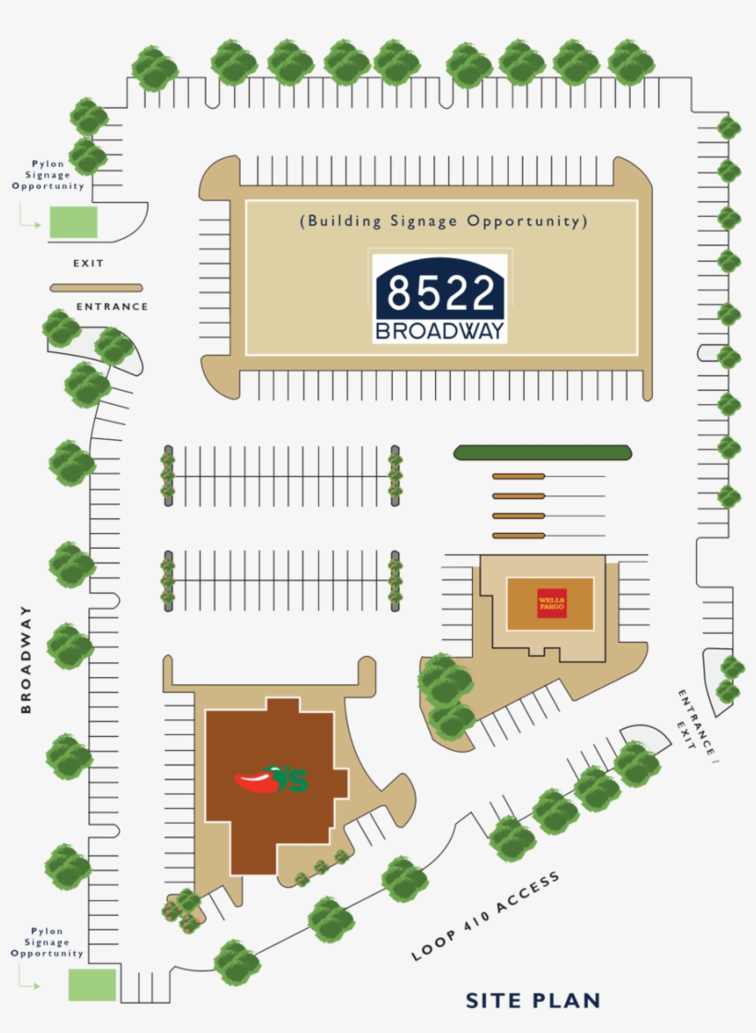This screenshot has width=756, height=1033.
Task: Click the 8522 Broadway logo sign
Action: (440, 298)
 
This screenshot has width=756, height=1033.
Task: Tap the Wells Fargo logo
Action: (550, 604)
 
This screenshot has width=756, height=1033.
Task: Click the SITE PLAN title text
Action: (533, 1000)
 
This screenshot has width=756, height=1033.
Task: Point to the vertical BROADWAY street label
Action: (26, 659)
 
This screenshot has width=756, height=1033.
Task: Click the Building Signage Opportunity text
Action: (443, 221)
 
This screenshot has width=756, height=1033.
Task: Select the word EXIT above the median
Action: (89, 264)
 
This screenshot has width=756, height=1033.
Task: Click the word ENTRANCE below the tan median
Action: (112, 306)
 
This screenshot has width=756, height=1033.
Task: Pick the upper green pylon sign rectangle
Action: (73, 222)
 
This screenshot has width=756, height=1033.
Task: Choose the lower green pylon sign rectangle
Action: (92, 984)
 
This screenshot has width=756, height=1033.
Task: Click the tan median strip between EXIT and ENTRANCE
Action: (96, 288)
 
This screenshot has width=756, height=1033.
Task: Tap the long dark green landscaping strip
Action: (542, 452)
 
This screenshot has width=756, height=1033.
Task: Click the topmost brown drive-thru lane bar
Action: (518, 476)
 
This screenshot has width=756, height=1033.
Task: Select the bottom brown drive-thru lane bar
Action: (518, 535)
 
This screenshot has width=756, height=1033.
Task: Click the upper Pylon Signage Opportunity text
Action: (48, 174)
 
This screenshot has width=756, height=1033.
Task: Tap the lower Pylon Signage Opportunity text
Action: (47, 942)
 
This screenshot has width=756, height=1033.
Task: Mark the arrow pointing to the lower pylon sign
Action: (29, 984)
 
